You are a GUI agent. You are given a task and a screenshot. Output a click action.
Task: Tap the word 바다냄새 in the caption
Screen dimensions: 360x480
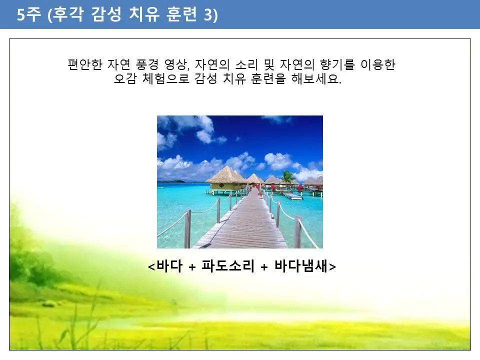[300, 266]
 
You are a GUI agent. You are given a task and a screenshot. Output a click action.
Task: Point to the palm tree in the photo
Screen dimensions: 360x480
[287, 176]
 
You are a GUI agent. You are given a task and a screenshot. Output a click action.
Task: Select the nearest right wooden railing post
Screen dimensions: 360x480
[298, 232]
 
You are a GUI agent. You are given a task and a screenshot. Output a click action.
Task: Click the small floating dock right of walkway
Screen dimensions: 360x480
[293, 196]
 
